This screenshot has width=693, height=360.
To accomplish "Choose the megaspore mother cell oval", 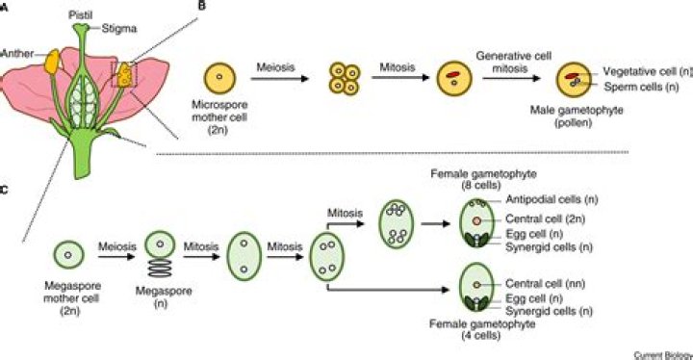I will click(x=68, y=255).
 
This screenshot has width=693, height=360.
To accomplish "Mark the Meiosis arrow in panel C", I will click(x=115, y=256).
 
